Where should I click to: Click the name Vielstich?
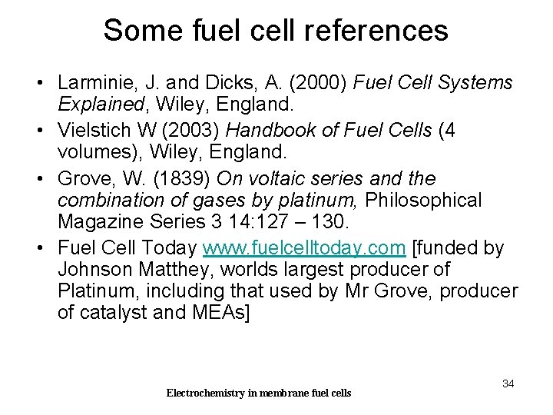click(x=91, y=131)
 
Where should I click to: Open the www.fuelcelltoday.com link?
click(x=304, y=248)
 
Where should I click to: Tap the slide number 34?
click(x=508, y=383)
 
